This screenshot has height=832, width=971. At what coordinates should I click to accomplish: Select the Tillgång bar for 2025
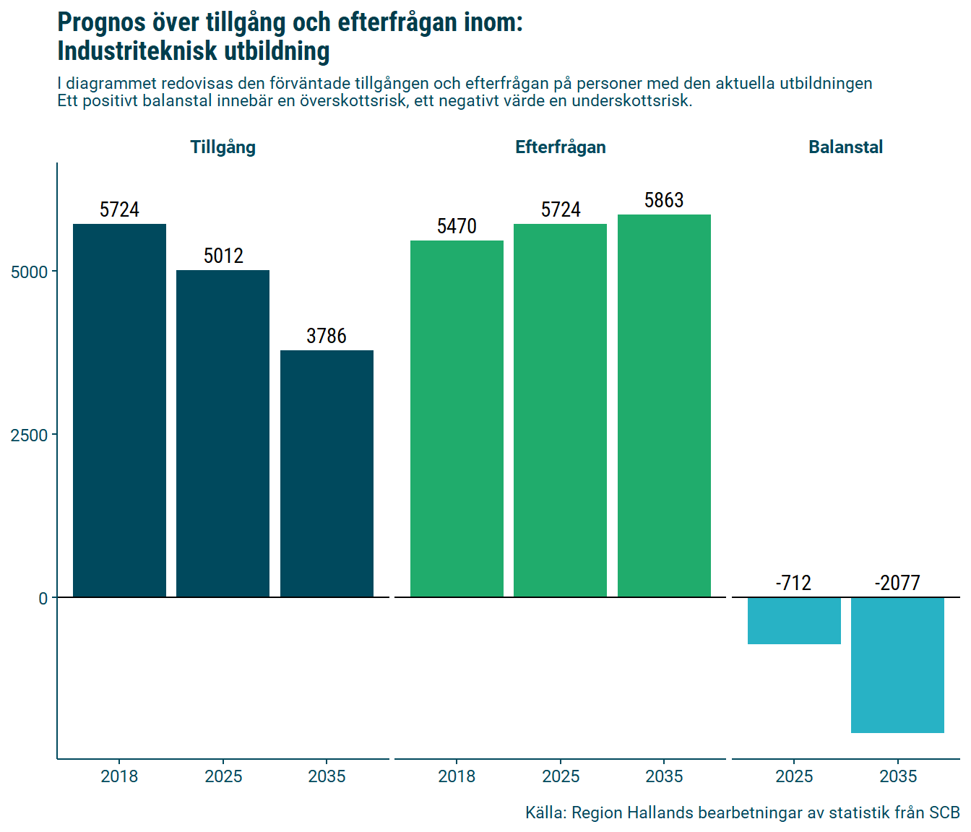223,433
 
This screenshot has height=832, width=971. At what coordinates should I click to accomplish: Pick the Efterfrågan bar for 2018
457,419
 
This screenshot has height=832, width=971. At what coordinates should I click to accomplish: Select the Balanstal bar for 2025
794,620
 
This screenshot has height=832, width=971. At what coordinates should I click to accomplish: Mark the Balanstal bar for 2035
897,665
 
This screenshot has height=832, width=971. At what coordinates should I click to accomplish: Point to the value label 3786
327,336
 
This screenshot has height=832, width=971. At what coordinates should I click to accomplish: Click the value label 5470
457,226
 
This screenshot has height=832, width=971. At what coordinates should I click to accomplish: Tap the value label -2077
897,583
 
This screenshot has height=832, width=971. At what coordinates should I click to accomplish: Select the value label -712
793,583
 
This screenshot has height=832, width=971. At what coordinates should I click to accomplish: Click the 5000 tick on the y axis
30,272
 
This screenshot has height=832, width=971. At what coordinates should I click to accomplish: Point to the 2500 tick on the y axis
30,435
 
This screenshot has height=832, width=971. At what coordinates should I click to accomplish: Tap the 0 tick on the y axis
43,598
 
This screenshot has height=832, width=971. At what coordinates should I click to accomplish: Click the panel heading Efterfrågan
560,147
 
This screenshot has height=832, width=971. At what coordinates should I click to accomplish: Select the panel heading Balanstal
845,147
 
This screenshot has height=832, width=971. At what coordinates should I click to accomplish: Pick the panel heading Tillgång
223,147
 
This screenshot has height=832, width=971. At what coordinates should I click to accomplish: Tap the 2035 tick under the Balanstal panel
897,776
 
